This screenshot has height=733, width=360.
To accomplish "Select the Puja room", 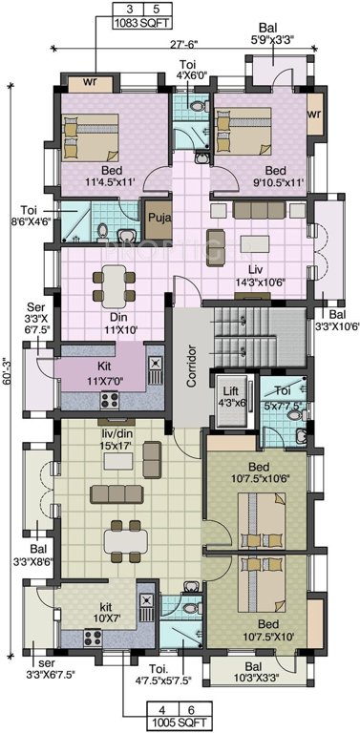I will coord(158,219).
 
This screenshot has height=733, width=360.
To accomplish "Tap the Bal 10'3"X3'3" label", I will coord(252,671).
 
